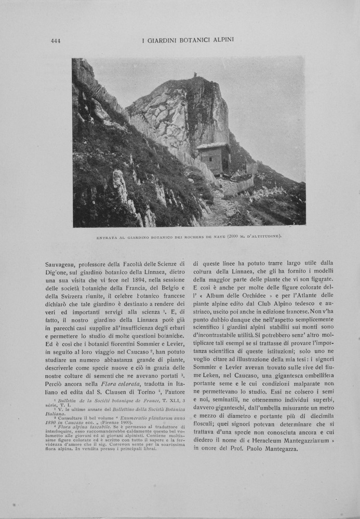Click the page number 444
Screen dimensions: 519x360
click(56, 40)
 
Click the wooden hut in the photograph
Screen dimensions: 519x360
click(214, 158)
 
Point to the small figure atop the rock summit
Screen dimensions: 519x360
click(195, 75)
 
